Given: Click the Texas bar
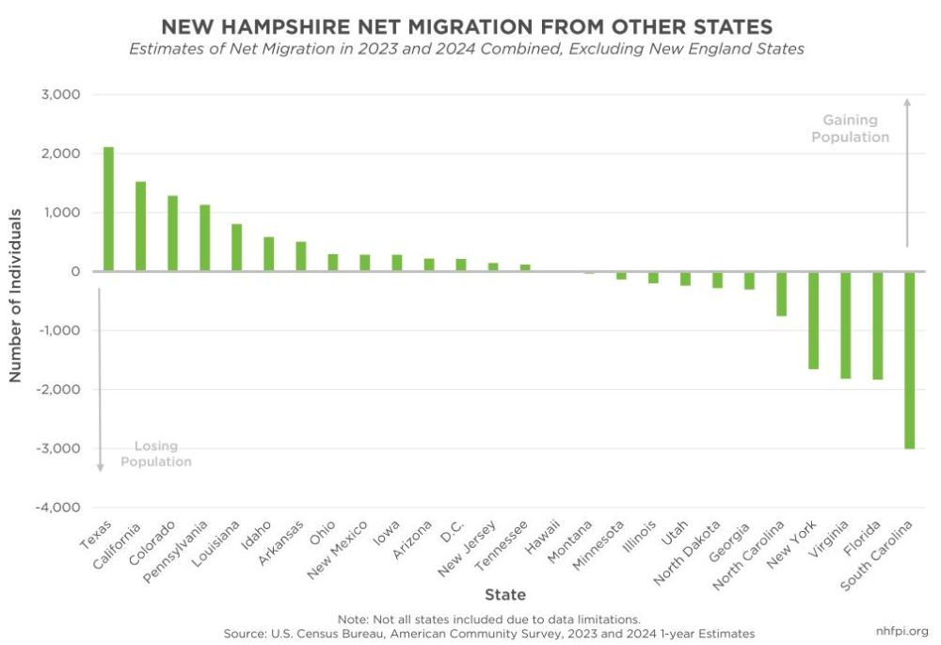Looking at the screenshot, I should [x=108, y=209].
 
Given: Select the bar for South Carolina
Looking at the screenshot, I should [x=910, y=360].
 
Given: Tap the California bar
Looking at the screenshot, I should [x=140, y=226].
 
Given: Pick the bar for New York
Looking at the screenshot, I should [x=814, y=320].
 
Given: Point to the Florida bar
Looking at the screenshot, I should [x=878, y=326].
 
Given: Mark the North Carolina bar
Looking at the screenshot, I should [x=782, y=294].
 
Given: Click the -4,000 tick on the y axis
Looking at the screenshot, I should [x=58, y=508].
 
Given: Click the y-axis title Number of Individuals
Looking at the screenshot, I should [x=15, y=296].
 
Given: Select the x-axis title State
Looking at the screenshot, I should [x=505, y=594].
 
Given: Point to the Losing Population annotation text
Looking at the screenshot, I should [x=156, y=454].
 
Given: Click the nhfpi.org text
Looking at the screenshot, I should [x=901, y=631].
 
